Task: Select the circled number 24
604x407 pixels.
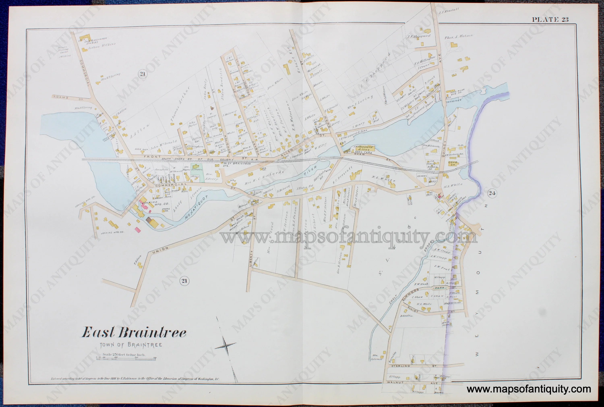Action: [492, 193]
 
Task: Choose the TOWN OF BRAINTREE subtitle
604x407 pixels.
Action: [131, 345]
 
